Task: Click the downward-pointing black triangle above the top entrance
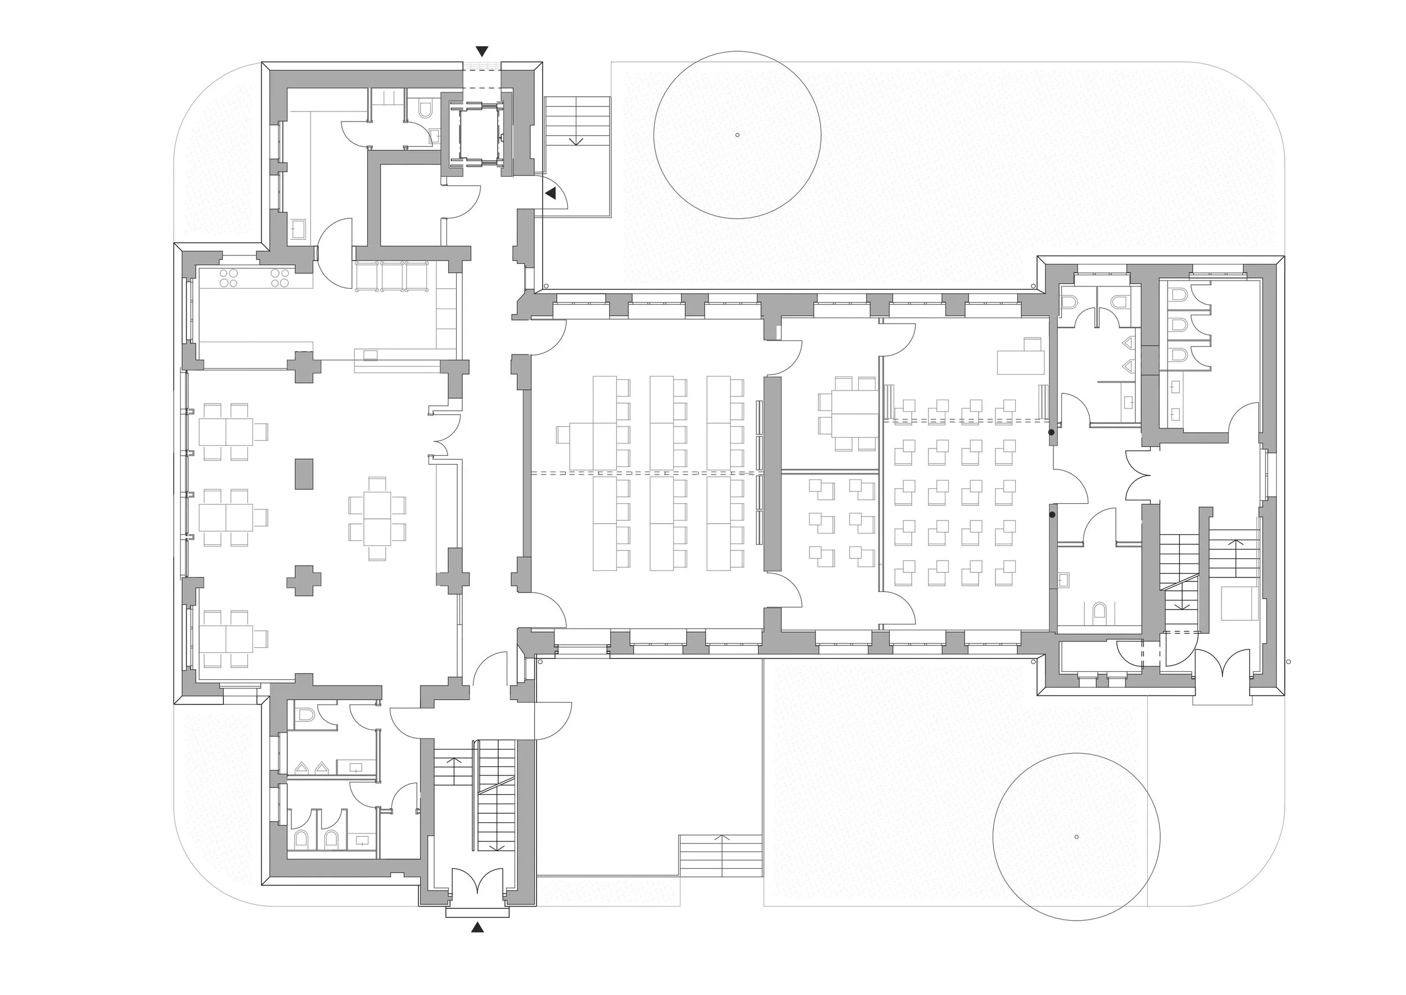tap(483, 51)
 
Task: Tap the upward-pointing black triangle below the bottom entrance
tap(477, 927)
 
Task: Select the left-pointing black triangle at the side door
tap(551, 194)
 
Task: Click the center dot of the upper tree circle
tap(737, 135)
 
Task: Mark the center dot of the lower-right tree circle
tap(1076, 837)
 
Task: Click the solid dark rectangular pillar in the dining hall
tap(304, 474)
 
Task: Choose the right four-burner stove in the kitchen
tap(281, 278)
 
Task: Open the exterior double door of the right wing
tap(1222, 664)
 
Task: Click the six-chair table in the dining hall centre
tap(377, 518)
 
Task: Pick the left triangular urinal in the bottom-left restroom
tap(302, 767)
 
